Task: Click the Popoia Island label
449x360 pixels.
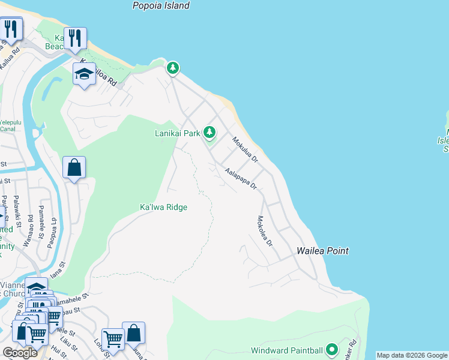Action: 160,5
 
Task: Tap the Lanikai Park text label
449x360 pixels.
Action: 178,133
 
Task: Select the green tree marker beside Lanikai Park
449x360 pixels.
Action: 209,131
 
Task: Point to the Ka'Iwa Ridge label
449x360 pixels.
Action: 163,207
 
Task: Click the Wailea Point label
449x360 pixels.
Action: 322,251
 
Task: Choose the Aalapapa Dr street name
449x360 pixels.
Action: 241,179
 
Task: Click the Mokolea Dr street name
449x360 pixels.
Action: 265,232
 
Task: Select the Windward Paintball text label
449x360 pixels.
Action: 286,350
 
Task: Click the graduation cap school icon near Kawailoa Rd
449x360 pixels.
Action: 84,74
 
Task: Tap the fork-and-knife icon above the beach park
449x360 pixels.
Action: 75,38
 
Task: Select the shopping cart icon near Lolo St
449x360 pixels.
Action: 112,339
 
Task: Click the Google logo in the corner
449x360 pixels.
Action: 20,352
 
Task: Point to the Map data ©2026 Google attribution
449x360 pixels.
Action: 412,355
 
